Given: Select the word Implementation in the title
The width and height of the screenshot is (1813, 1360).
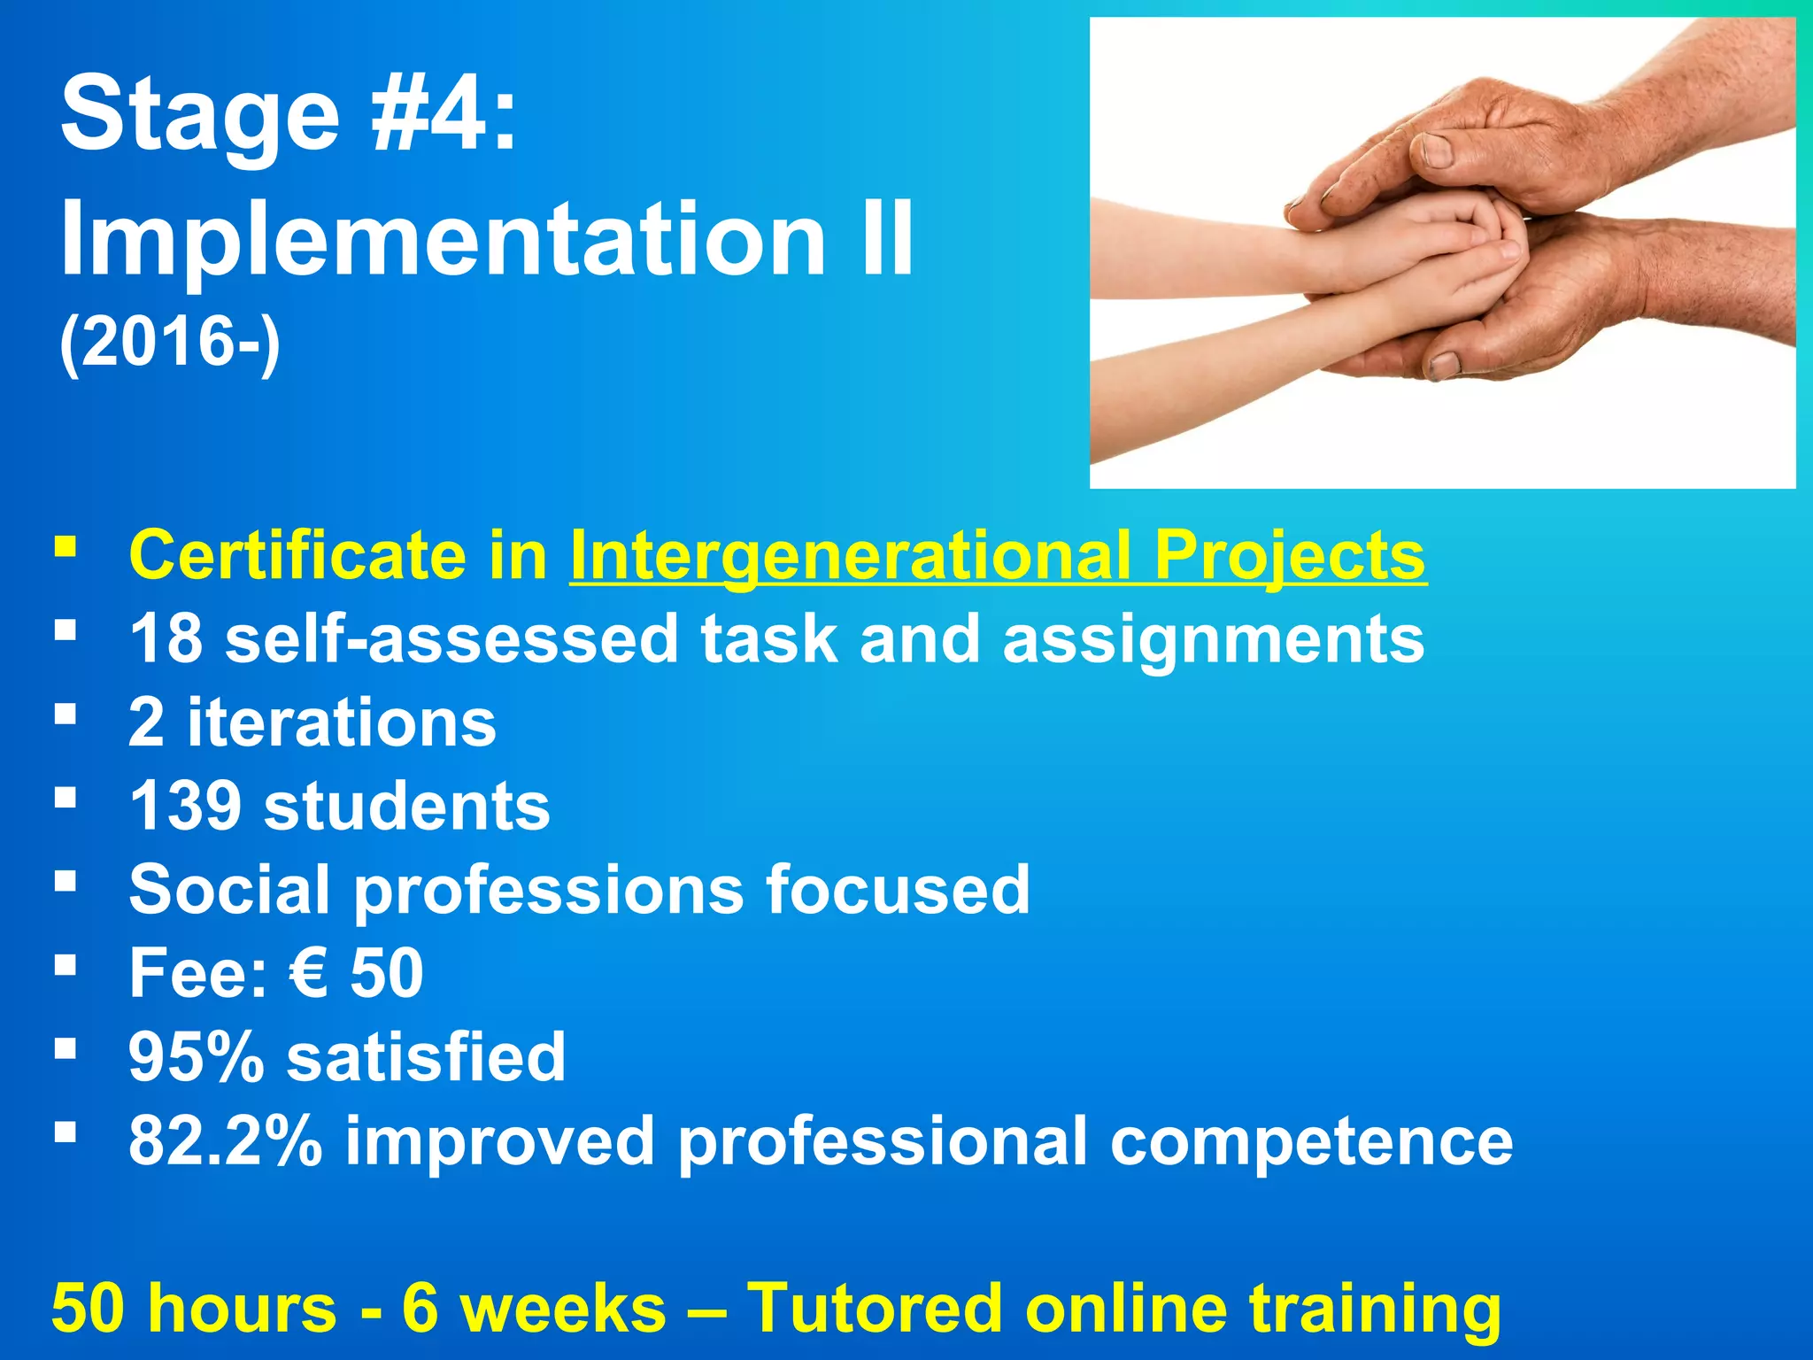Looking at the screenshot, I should tap(443, 239).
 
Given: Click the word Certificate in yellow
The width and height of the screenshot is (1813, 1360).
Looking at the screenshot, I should tap(297, 555).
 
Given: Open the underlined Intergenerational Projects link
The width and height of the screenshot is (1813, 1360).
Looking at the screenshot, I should tap(998, 555).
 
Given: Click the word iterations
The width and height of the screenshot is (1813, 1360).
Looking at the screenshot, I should tap(342, 722).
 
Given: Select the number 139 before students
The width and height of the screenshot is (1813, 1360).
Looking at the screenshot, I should tap(185, 806).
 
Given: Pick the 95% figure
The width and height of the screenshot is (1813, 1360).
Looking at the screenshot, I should tap(196, 1056).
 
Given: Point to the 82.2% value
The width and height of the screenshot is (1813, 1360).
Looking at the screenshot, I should tap(226, 1140).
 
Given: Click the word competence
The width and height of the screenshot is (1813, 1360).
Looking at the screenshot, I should tap(1311, 1140).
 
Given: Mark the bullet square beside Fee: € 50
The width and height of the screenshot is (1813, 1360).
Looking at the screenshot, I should tap(65, 964).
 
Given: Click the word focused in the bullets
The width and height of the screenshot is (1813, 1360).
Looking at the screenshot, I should tap(898, 889).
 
